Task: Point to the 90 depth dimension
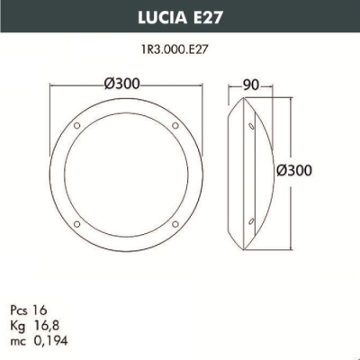point(251,84)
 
